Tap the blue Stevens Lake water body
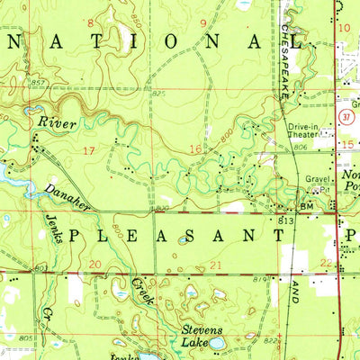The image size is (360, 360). pyautogui.click(x=216, y=342)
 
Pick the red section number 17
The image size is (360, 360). pyautogui.click(x=87, y=148)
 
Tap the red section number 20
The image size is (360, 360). pyautogui.click(x=95, y=264)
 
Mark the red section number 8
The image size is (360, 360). pyautogui.click(x=90, y=20)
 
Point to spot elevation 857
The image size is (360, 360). pyautogui.click(x=13, y=83)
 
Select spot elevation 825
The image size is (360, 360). pyautogui.click(x=159, y=93)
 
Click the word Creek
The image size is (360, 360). pyautogui.click(x=136, y=290)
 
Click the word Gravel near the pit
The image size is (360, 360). pyautogui.click(x=312, y=178)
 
